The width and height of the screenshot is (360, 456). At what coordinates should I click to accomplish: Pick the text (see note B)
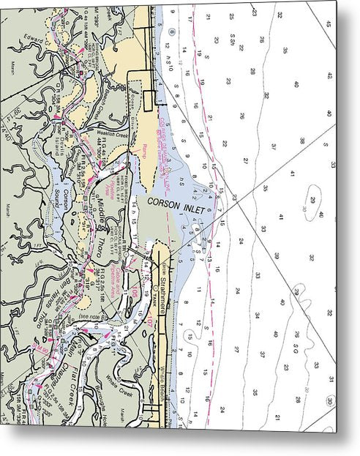87,317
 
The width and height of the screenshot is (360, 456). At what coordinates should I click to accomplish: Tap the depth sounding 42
330,75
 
